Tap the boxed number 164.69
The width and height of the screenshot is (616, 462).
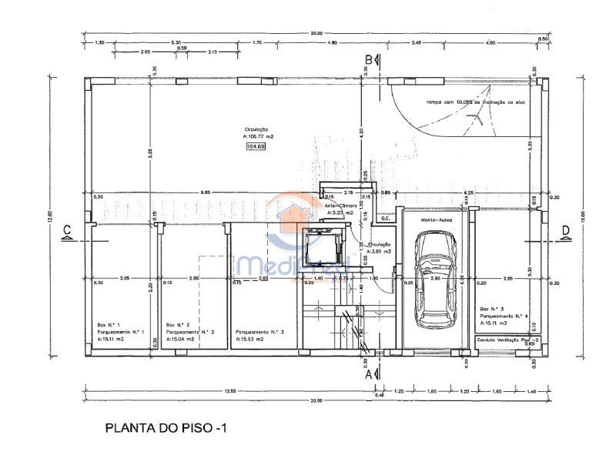255,146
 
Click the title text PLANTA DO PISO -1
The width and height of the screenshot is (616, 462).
166,427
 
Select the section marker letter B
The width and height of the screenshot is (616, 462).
369,59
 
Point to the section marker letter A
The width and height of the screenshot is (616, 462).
369,374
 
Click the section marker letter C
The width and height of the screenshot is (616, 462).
68,229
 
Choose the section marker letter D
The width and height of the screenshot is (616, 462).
566,229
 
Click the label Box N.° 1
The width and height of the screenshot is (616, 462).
109,325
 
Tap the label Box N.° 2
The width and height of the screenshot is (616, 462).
179,325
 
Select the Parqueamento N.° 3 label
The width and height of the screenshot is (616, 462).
259,332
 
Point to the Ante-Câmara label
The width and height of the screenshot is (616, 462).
340,206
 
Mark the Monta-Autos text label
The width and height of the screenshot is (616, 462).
436,219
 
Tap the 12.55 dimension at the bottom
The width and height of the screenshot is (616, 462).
229,391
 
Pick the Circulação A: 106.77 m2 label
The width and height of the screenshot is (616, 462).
258,133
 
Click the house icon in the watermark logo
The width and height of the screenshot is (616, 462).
295,213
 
